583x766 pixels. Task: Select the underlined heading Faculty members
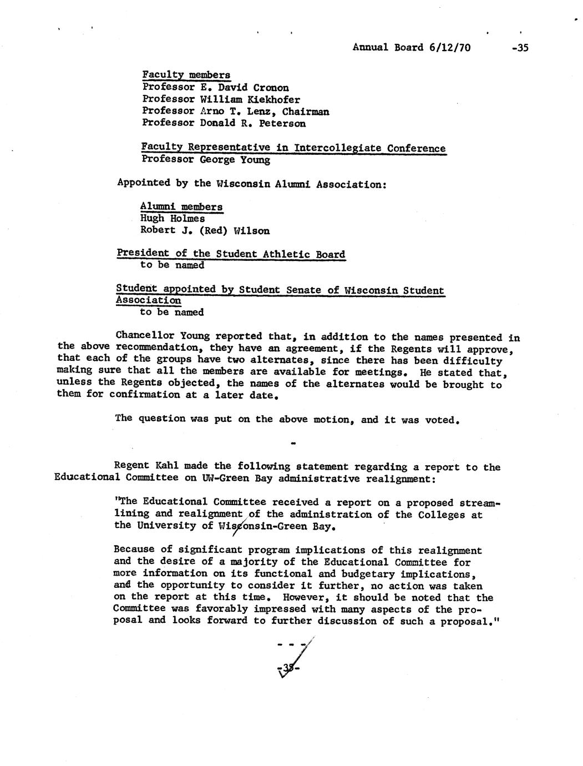pos(186,75)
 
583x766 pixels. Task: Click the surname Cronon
pos(271,88)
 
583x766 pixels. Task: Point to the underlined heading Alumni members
pos(181,206)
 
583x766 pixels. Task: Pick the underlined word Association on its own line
pos(148,300)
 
